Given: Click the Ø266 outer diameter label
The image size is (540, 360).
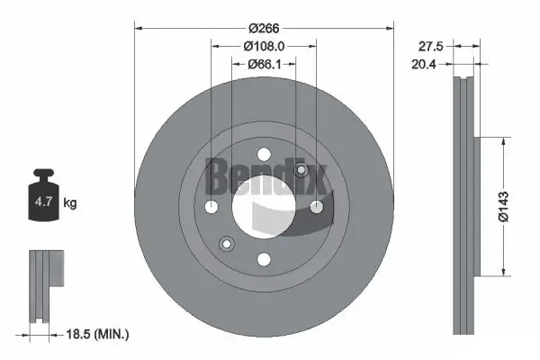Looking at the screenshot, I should pyautogui.click(x=264, y=26).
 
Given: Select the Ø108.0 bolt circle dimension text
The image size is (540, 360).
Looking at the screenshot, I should pyautogui.click(x=264, y=45).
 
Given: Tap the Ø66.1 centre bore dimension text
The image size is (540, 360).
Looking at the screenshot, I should pyautogui.click(x=264, y=64).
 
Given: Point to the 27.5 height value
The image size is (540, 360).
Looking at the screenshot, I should pyautogui.click(x=429, y=44).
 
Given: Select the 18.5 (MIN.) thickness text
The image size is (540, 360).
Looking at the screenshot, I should pyautogui.click(x=98, y=334).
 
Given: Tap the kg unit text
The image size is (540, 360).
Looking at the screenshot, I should pyautogui.click(x=70, y=203).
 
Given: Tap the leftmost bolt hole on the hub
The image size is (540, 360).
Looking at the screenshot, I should pyautogui.click(x=211, y=207).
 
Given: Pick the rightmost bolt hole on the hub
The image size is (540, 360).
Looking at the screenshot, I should pyautogui.click(x=316, y=207).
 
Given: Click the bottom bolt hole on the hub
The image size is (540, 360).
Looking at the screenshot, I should pyautogui.click(x=263, y=259).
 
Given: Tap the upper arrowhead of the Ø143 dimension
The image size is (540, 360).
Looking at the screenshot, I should pyautogui.click(x=501, y=141).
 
